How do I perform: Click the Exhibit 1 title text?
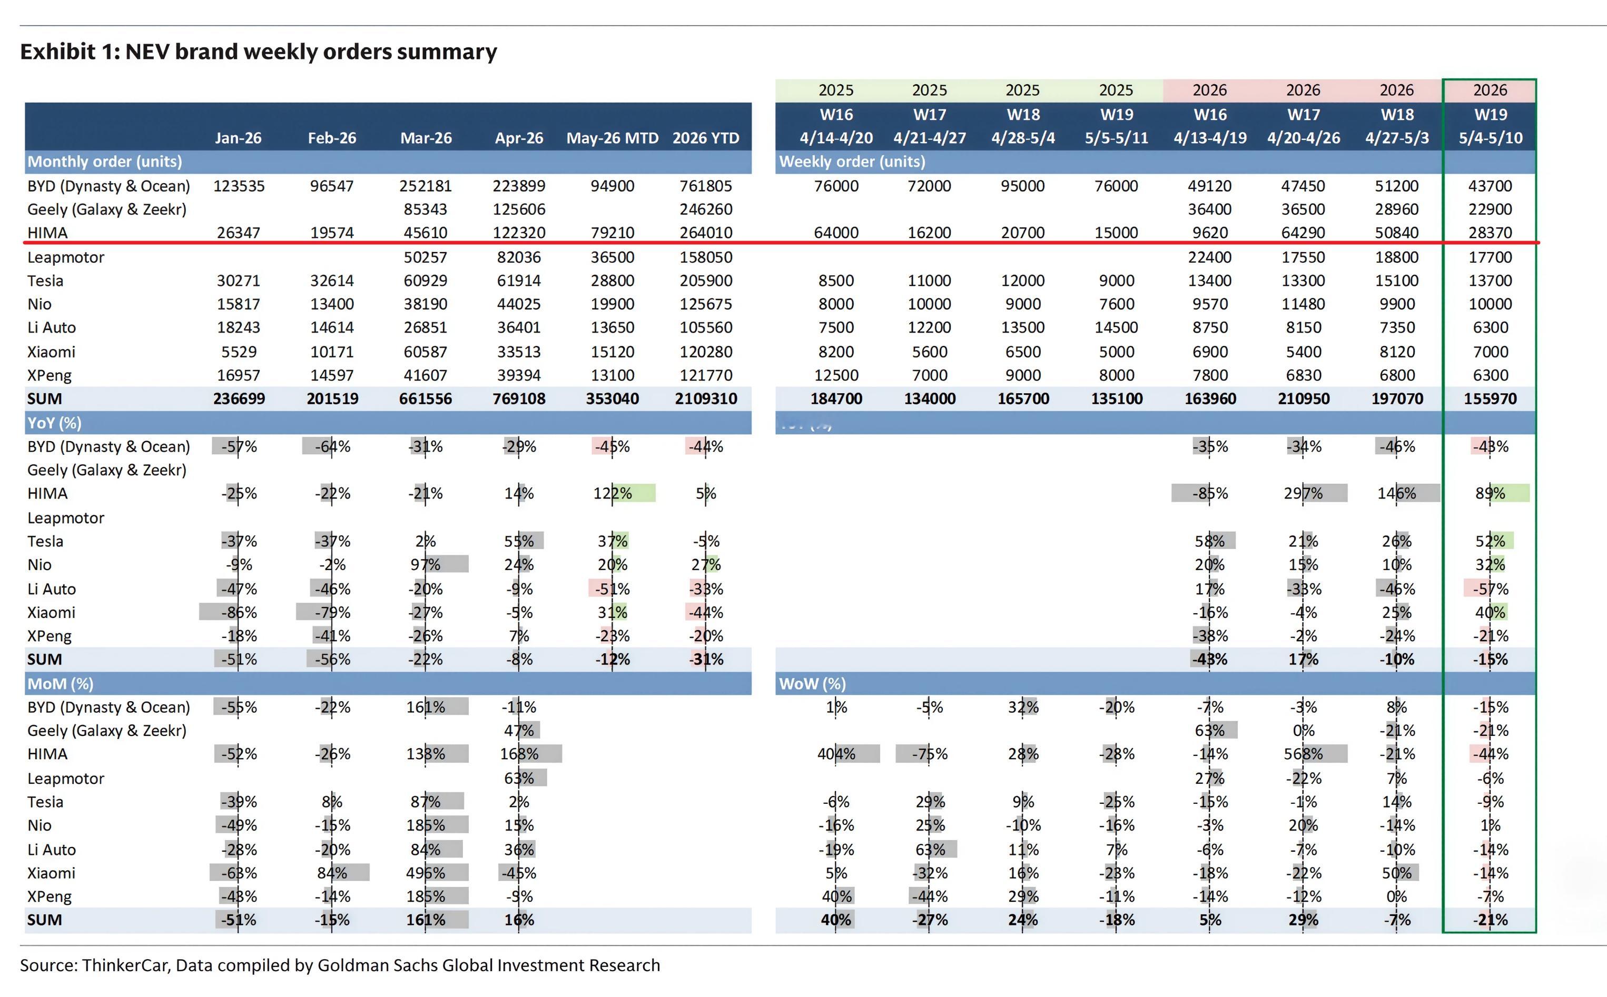[x=259, y=52]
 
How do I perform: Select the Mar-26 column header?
[x=426, y=138]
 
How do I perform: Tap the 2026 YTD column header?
[x=705, y=138]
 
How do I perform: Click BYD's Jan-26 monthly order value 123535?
[x=238, y=186]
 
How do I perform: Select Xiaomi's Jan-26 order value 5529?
[x=238, y=352]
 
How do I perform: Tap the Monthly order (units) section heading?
[x=104, y=162]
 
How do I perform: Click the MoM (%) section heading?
[x=60, y=684]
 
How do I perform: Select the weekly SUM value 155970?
[x=1490, y=399]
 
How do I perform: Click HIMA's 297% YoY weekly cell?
[x=1303, y=493]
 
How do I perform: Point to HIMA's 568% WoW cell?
[x=1303, y=754]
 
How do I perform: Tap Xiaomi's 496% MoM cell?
[x=426, y=873]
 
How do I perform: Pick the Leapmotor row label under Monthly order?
[x=65, y=257]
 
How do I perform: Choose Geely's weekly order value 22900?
[x=1490, y=210]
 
